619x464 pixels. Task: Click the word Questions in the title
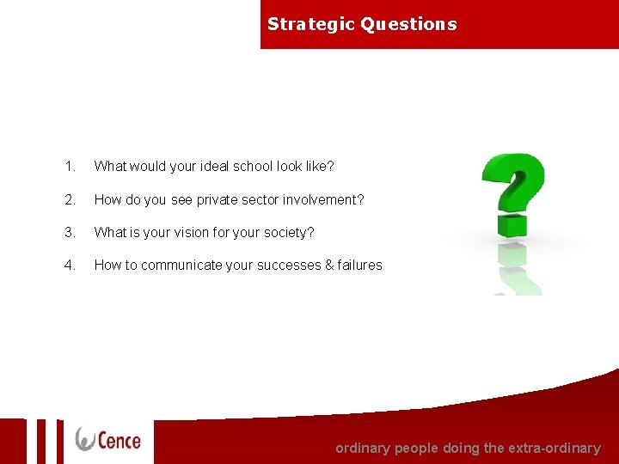409,24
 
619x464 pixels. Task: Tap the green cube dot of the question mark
512,226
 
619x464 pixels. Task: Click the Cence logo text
119,440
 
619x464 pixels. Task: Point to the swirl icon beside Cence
86,439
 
